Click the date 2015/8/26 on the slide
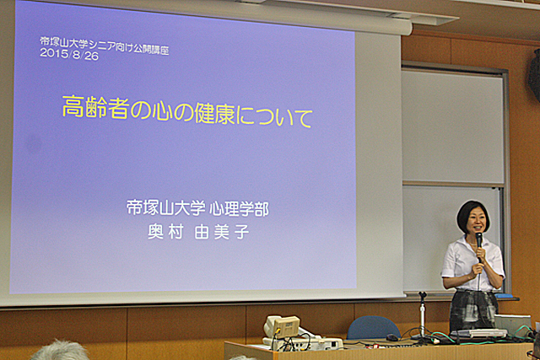69,55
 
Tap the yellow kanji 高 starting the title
73,107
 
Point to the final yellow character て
301,118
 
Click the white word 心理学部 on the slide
240,208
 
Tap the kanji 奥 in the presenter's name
155,232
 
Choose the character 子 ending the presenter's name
242,232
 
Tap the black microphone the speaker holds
479,244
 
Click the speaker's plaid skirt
473,309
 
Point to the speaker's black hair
472,213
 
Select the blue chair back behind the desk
373,327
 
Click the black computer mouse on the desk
392,337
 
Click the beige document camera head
282,325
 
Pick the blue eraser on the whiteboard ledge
504,296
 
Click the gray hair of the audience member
60,351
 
